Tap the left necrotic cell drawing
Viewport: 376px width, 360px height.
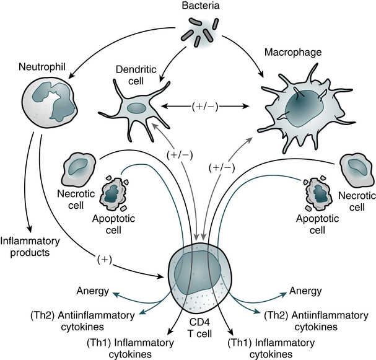(80, 170)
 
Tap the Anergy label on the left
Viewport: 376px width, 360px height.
(94, 291)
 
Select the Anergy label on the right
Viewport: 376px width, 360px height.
(307, 291)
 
